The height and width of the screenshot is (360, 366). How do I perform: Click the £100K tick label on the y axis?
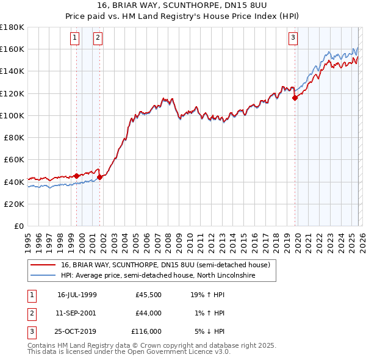12,115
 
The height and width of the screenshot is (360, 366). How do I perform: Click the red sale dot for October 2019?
295,98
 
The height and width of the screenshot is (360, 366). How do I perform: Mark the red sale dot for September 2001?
100,177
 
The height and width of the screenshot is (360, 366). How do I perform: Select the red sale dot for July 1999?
77,176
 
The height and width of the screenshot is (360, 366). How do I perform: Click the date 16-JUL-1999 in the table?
77,295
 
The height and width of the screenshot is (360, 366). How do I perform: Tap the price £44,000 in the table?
148,313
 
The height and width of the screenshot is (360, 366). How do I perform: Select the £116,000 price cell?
146,331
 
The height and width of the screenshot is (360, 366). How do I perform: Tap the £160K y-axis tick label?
12,49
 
